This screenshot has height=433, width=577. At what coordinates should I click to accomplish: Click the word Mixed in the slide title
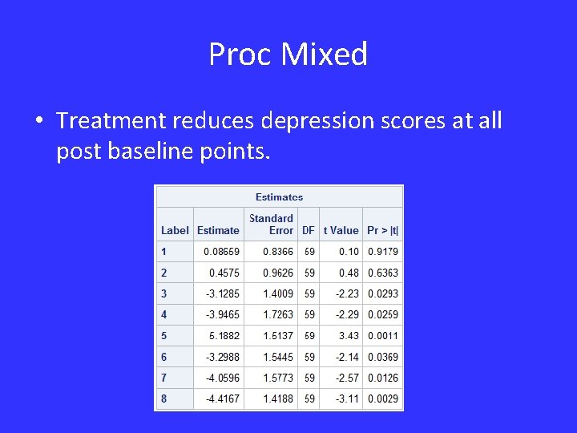[325, 55]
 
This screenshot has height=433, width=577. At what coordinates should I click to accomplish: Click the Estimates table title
[279, 196]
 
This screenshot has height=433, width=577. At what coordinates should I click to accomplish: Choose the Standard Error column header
[271, 224]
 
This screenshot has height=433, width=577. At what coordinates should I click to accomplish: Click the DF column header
[309, 230]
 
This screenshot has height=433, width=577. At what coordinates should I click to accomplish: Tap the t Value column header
[341, 230]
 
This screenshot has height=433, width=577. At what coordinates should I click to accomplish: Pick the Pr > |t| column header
[382, 230]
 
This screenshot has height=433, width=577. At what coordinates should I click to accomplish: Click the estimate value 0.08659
[221, 252]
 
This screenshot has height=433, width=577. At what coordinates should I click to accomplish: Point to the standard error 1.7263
[278, 314]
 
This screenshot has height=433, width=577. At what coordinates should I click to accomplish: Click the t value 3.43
[349, 335]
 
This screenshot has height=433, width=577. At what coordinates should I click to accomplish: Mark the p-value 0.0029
[383, 399]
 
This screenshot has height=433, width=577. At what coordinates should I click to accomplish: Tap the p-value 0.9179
[383, 252]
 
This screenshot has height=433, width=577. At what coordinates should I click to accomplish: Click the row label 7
[164, 378]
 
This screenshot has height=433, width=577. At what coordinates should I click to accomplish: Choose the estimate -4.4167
[222, 399]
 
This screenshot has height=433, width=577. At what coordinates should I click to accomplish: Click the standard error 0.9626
[278, 273]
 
